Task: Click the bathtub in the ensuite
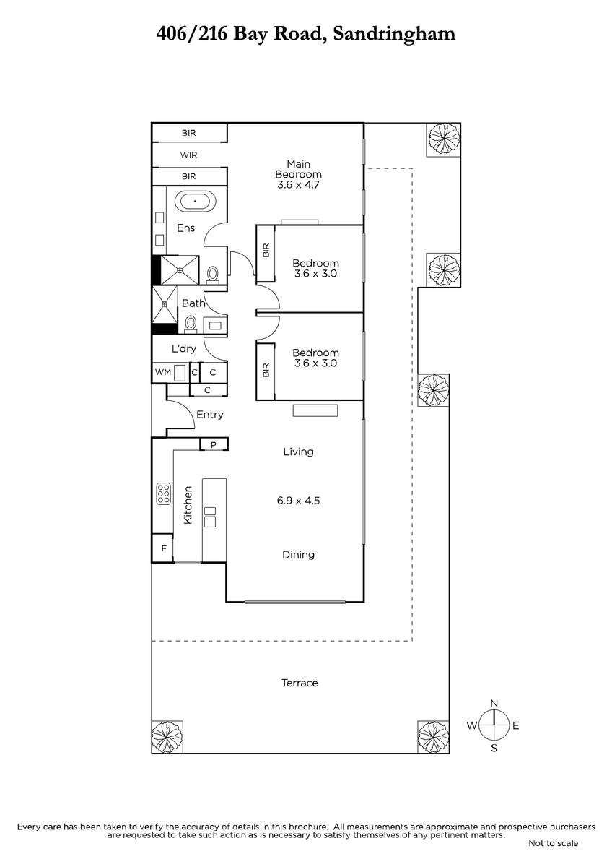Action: [193, 202]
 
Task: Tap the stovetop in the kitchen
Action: [164, 494]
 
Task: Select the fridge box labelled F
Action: [163, 548]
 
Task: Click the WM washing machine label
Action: [163, 372]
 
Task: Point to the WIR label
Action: [188, 155]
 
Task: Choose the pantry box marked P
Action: [214, 445]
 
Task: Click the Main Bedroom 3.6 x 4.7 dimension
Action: [298, 185]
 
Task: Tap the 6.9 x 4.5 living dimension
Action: [298, 501]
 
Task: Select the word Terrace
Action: [300, 683]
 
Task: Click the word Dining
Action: [298, 555]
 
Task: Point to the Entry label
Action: [210, 415]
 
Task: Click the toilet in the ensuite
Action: [212, 275]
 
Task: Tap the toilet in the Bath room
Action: [191, 324]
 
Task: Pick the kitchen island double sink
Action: [210, 517]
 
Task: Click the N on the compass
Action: [494, 703]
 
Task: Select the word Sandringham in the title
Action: [394, 35]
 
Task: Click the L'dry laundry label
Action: [183, 349]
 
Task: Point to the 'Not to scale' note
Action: [554, 843]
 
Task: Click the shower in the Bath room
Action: [165, 305]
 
